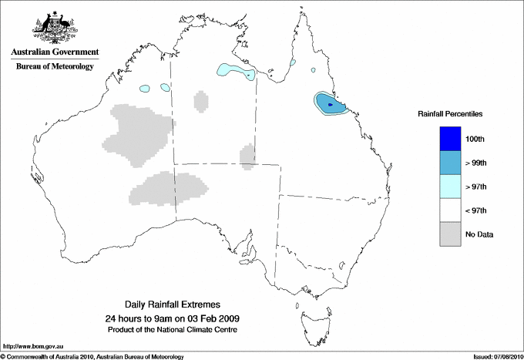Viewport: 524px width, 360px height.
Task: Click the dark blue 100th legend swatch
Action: click(x=450, y=138)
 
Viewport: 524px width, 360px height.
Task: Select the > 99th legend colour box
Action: click(x=450, y=163)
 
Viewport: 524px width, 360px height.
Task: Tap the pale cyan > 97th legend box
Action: click(x=450, y=187)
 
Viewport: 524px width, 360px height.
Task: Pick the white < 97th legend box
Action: click(x=450, y=210)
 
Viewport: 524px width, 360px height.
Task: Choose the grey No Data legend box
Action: click(x=450, y=234)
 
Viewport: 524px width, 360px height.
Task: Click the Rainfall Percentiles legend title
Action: click(x=450, y=113)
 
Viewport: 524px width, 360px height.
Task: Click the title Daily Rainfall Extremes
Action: click(x=172, y=304)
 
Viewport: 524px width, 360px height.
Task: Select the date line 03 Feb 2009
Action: click(x=172, y=318)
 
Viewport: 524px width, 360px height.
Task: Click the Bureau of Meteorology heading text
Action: click(x=55, y=67)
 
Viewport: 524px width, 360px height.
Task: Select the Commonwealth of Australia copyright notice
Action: click(x=93, y=355)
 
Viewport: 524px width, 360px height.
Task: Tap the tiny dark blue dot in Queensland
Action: click(x=330, y=104)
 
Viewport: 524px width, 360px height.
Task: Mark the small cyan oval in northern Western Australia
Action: click(x=146, y=88)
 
